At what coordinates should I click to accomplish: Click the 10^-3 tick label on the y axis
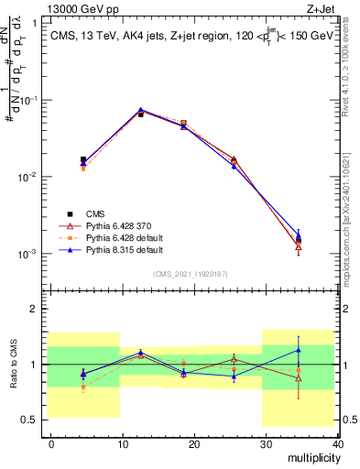coord(31,254)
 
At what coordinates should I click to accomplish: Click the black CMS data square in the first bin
coord(83,159)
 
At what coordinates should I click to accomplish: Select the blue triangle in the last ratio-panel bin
coord(299,350)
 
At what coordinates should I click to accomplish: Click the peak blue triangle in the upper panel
coord(140,110)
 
